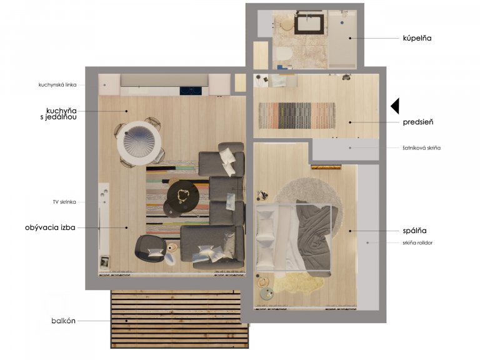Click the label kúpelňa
(417, 38)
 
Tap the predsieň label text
(418, 122)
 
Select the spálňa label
(414, 231)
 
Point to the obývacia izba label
(50, 227)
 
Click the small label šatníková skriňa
(421, 148)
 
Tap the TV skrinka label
(64, 202)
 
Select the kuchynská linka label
(57, 85)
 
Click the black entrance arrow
(395, 106)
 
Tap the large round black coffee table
(183, 195)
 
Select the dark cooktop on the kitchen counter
(191, 91)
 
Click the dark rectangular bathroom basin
(309, 24)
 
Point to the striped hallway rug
(297, 116)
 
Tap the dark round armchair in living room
(150, 249)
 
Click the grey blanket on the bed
(314, 238)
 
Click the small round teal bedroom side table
(267, 294)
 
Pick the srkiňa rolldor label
(417, 242)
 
